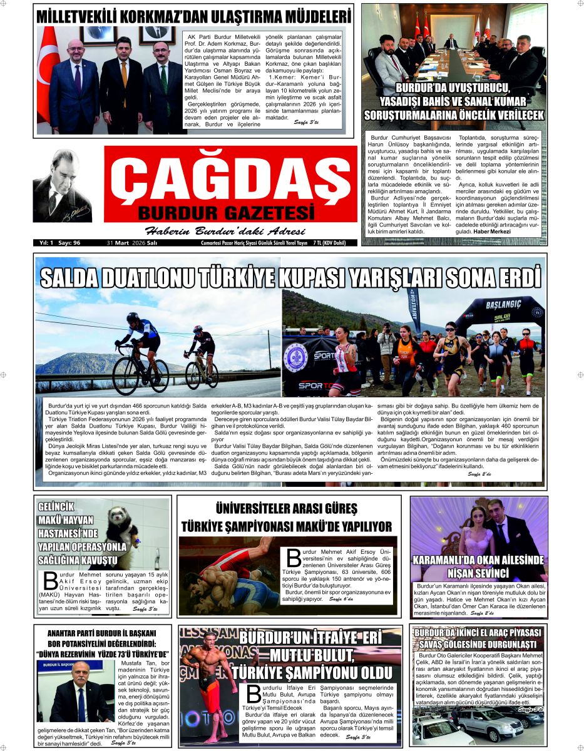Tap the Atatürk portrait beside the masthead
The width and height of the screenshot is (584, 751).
(x=62, y=186)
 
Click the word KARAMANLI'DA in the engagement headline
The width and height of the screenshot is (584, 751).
(x=450, y=560)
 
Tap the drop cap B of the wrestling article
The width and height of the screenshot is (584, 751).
(x=294, y=557)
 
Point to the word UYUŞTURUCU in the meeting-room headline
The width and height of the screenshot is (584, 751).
(x=470, y=88)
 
